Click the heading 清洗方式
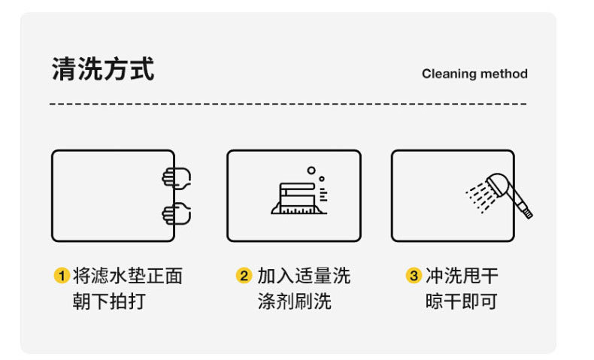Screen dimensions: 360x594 (x=103, y=69)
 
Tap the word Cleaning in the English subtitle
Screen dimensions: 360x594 (x=449, y=74)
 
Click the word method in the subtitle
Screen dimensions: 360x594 (x=504, y=74)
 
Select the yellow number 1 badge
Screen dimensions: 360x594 (x=61, y=276)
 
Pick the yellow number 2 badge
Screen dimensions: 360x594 (x=243, y=276)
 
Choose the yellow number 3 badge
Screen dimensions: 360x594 (x=413, y=276)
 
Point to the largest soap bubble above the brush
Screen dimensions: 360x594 (x=311, y=171)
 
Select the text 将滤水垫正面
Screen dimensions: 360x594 (x=128, y=276)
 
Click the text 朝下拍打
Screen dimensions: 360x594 (x=109, y=301)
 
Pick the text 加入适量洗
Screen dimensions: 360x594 (x=303, y=276)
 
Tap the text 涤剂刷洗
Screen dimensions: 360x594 (x=294, y=301)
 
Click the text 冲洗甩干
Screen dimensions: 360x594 (x=462, y=276)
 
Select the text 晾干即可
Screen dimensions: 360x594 (x=462, y=301)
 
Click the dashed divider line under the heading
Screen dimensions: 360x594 (x=288, y=104)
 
